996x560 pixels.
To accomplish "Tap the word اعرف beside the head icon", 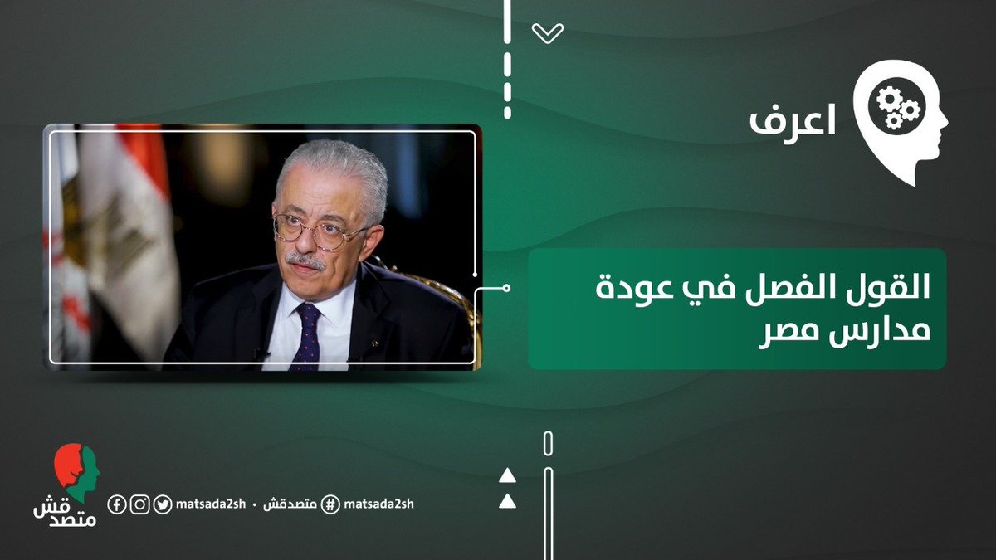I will (792, 121).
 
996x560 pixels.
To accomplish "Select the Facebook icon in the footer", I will (117, 504).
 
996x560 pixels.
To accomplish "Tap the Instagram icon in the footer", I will (140, 504).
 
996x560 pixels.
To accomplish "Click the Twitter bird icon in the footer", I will (164, 504).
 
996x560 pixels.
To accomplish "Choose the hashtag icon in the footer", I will (330, 504).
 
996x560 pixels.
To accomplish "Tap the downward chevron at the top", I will (548, 33).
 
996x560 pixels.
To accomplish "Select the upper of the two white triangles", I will (507, 476).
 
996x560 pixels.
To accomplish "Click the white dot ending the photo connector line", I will (507, 289).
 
